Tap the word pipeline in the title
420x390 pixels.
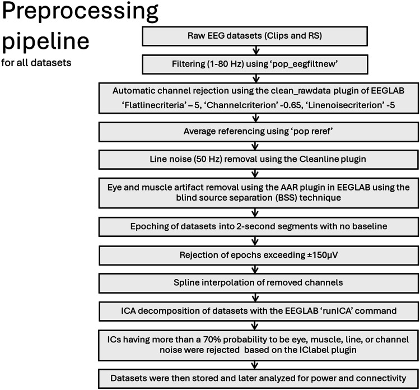[45, 42]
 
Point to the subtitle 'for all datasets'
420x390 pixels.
[36, 63]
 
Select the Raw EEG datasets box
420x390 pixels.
[255, 36]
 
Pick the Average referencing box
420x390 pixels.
[259, 132]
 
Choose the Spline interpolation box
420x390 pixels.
[259, 283]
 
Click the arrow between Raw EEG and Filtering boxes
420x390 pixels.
[256, 50]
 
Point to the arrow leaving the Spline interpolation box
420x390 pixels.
[255, 297]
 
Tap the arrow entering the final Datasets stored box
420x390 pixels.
[255, 365]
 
